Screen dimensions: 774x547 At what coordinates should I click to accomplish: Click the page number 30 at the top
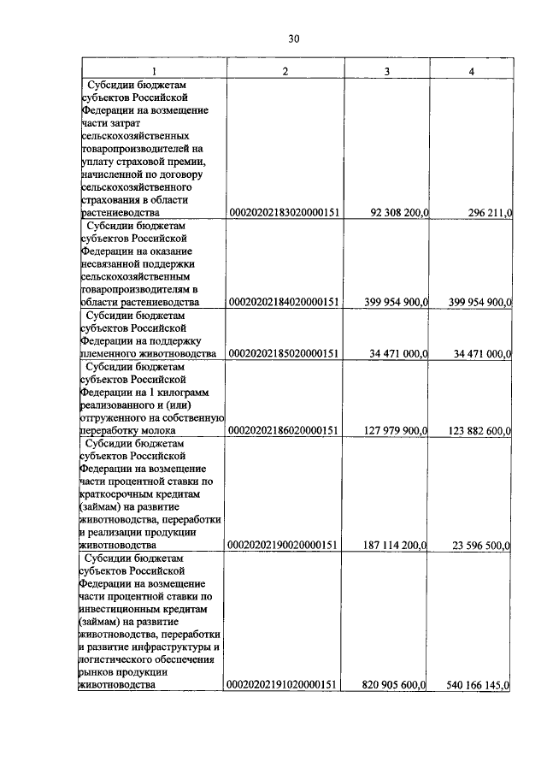[x=293, y=38]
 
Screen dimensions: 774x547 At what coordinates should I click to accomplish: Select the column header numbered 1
[x=153, y=70]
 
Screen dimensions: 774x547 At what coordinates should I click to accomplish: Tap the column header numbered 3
[x=386, y=70]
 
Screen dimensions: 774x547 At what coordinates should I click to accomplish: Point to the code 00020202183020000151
[x=285, y=213]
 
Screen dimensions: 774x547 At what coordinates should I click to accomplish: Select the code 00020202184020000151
[x=285, y=302]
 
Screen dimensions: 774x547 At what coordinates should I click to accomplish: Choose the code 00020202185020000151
[x=285, y=353]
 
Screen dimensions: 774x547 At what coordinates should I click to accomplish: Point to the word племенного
[x=105, y=353]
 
